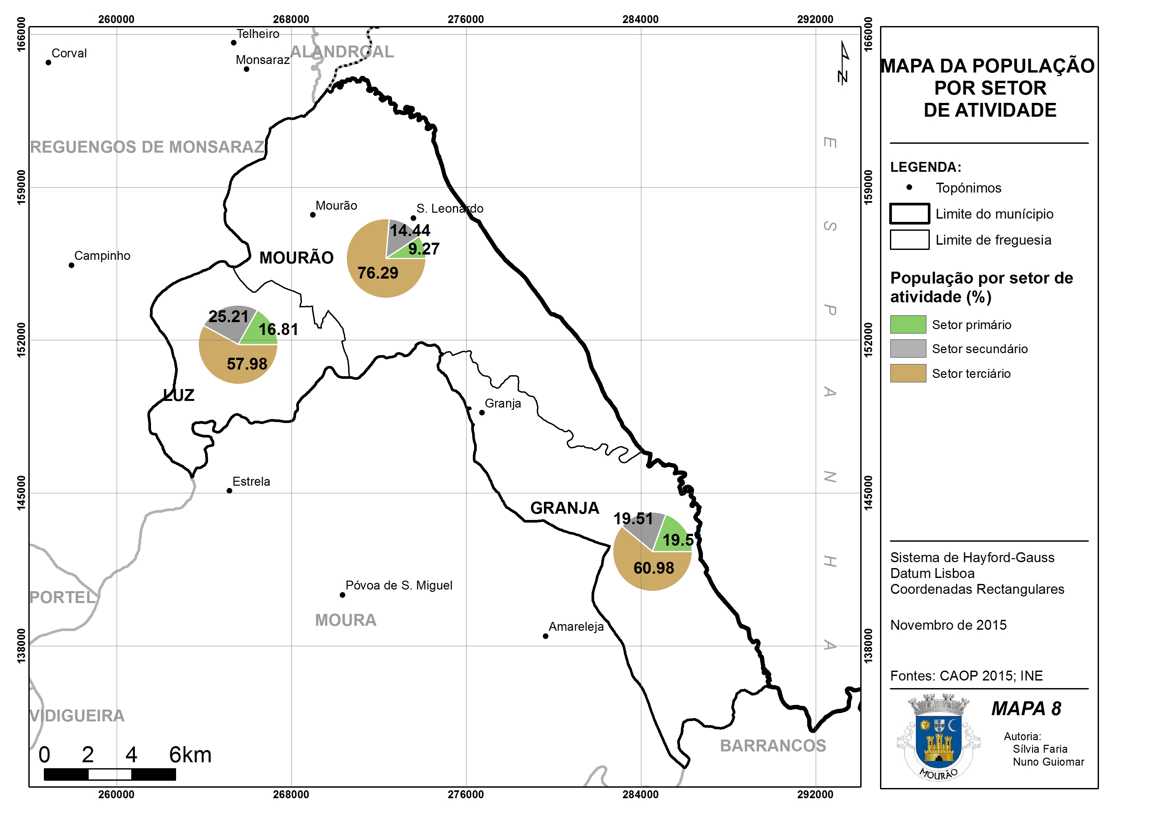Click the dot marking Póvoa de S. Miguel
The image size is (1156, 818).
pos(343,595)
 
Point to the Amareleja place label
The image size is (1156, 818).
pos(576,627)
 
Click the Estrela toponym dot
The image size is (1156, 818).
pos(229,491)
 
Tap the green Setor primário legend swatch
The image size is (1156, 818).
pos(908,324)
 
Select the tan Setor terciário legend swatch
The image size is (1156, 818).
pos(908,373)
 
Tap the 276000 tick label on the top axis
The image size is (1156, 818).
pos(466,19)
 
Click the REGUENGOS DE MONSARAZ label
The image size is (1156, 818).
pos(147,147)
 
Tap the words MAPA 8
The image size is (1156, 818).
pos(1026,709)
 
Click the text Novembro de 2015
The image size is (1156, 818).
pos(948,625)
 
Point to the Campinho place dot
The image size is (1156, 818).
pos(72,265)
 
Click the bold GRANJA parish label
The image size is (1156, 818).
pos(565,508)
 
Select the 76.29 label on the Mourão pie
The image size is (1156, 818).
pos(378,273)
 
